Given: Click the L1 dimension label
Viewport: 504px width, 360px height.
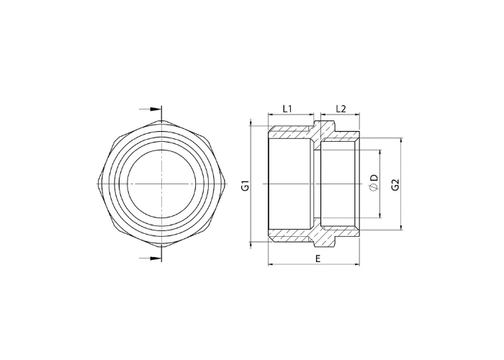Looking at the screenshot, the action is pos(287,109).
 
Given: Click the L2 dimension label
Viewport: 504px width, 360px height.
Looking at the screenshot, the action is pos(341,109).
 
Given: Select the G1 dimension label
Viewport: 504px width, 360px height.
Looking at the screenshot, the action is pos(245,186).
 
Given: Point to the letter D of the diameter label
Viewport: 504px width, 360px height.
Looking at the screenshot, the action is pos(374,179).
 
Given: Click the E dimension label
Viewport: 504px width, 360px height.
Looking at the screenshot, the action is pos(318,258).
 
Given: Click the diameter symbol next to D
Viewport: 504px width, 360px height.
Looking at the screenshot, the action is pos(374,188).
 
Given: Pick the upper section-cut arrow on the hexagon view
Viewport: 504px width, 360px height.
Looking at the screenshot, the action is pos(150,109).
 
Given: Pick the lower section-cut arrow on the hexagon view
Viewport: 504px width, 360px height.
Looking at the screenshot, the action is pos(150,258).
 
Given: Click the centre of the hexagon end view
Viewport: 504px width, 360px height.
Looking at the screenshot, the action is pos(161,184).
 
